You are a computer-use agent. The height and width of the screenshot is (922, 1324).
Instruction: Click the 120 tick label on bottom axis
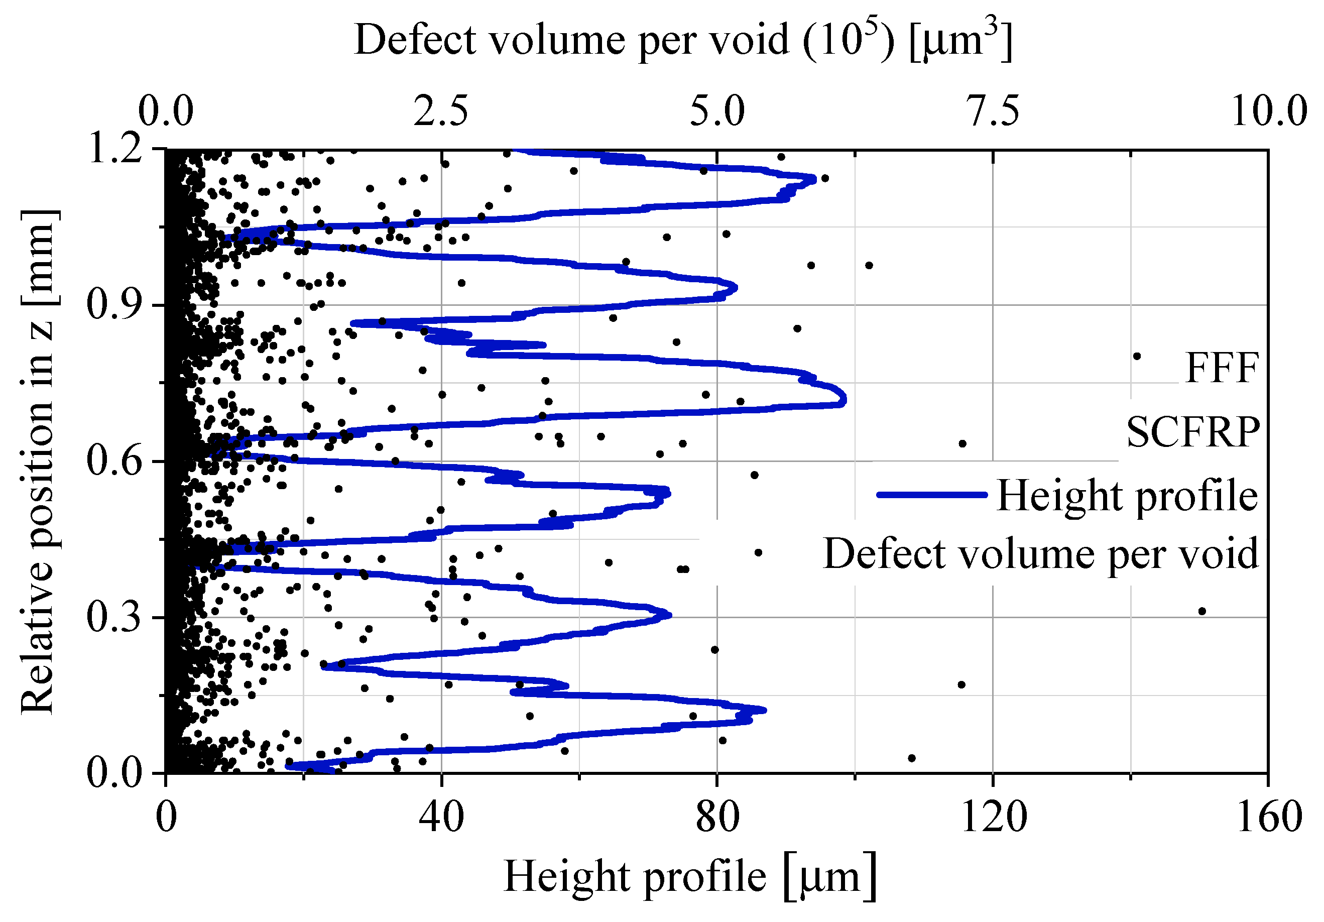(993, 818)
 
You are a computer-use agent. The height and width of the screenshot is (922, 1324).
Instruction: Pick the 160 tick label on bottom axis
(1269, 818)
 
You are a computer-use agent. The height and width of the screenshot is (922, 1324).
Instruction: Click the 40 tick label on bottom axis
(441, 818)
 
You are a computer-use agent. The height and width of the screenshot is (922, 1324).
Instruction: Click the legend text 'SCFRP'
(1192, 432)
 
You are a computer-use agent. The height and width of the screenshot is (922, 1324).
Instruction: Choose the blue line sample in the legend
(932, 495)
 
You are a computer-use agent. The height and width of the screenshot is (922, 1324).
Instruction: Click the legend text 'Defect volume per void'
(1040, 553)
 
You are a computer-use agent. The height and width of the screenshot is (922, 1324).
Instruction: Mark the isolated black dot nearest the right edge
(1202, 611)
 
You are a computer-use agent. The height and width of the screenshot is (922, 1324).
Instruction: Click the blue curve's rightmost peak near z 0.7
(844, 399)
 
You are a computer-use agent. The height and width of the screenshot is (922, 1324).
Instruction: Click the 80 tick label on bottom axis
(717, 818)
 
